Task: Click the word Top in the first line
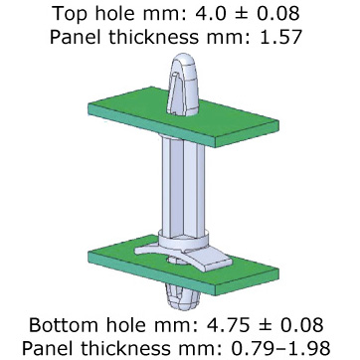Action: coord(70,14)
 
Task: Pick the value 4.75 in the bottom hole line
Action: coord(229,325)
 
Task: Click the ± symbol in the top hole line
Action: coord(231,14)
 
